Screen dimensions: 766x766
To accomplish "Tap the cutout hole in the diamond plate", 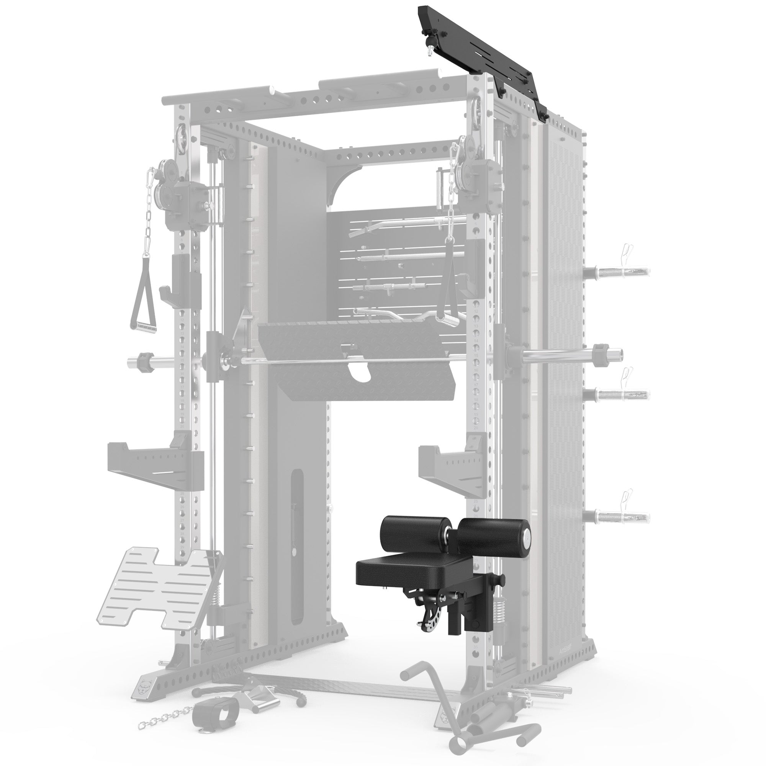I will click(x=358, y=372).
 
